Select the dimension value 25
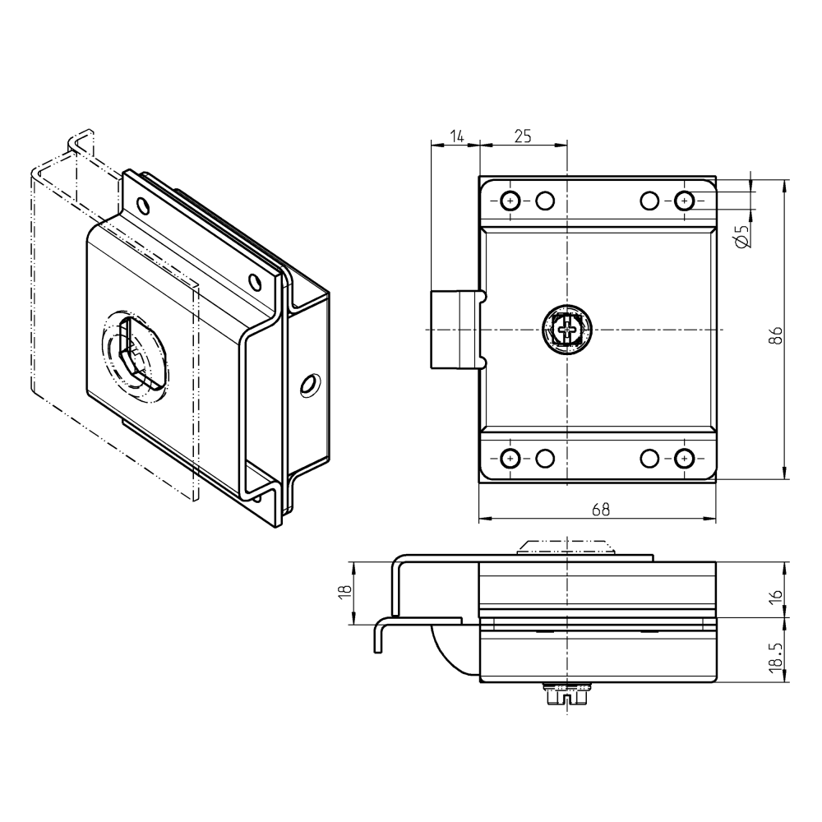coord(523,136)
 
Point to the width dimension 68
coord(600,510)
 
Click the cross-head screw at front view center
coord(567,329)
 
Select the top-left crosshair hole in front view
coord(510,201)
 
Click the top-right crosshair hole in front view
coord(684,201)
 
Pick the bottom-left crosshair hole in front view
coord(510,458)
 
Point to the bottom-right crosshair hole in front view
coord(684,458)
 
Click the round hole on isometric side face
coord(310,384)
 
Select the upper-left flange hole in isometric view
coord(143,204)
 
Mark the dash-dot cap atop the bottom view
coord(566,546)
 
